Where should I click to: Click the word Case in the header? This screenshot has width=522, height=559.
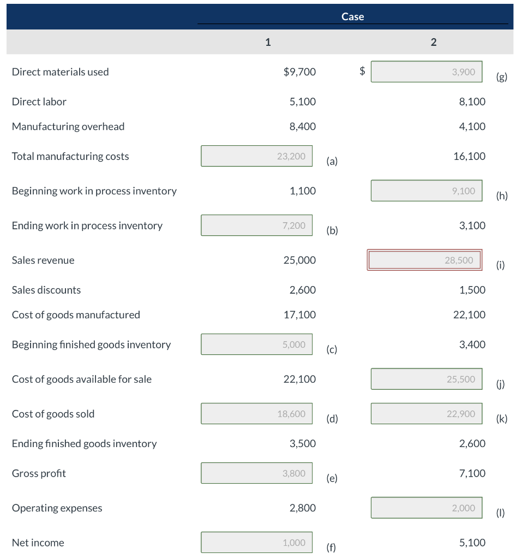[x=352, y=17]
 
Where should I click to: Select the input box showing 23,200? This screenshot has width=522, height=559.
[x=256, y=156]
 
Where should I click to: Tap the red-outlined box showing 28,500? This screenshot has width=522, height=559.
[x=424, y=260]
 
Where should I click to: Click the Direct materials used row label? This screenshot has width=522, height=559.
[x=60, y=72]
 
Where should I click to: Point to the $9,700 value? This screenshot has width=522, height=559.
[x=299, y=72]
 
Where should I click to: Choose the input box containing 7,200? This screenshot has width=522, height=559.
[x=256, y=225]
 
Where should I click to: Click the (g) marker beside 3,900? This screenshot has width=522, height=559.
[x=502, y=77]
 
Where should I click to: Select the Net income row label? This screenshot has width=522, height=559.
[x=38, y=543]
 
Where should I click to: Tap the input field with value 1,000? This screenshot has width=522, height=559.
[x=256, y=543]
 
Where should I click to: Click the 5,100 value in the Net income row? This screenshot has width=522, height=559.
[x=472, y=543]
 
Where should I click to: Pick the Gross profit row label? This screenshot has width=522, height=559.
[x=39, y=473]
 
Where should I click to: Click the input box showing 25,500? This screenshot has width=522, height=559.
[x=427, y=379]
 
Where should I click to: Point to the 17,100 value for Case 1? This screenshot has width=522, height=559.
[x=299, y=315]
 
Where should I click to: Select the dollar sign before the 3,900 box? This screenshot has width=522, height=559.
[x=361, y=71]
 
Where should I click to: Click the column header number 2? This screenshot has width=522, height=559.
[x=433, y=42]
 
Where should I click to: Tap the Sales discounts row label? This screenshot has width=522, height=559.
[x=46, y=290]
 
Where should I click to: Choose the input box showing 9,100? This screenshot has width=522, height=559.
[x=427, y=191]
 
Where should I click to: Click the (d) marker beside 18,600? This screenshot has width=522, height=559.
[x=332, y=419]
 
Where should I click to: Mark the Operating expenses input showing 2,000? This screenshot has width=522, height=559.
[x=427, y=508]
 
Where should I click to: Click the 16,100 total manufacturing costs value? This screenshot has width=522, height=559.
[x=469, y=156]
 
